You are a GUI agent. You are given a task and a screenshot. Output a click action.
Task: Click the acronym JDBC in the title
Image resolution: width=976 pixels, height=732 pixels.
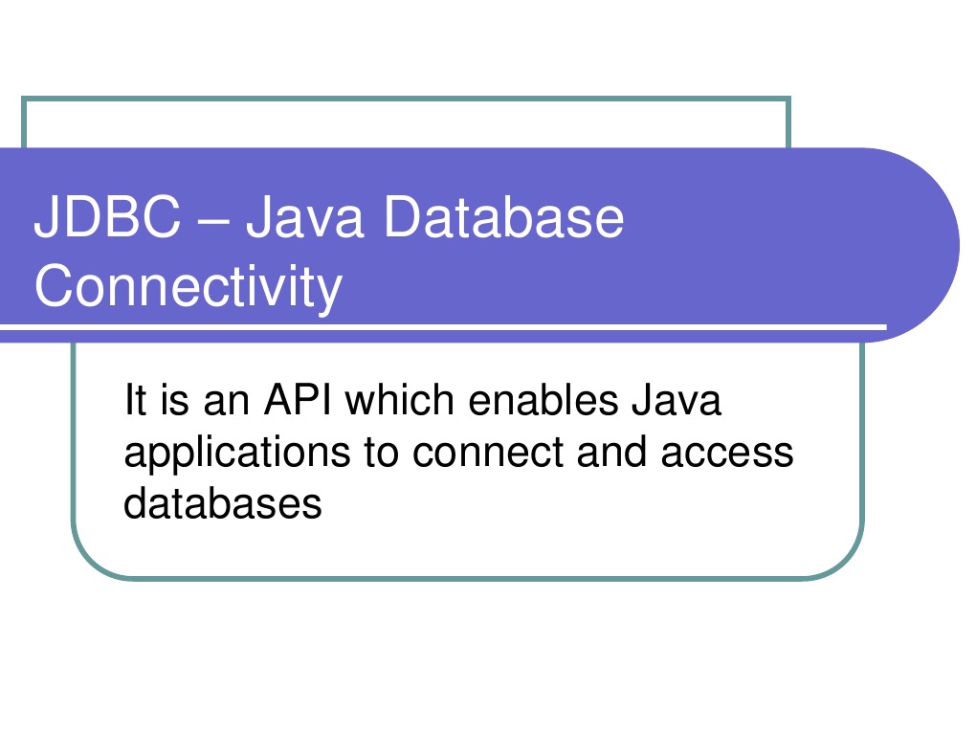click(x=107, y=216)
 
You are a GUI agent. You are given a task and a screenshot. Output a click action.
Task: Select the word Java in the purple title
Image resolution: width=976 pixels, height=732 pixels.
click(x=304, y=216)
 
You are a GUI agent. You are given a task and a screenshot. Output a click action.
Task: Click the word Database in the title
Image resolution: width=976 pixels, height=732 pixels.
click(x=503, y=216)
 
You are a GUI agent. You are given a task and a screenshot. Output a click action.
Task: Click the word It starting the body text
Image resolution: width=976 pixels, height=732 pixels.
click(x=135, y=399)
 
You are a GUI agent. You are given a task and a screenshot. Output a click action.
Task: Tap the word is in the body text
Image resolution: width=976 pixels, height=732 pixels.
click(x=174, y=399)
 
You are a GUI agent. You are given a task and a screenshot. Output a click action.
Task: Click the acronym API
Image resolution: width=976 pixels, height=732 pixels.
click(x=298, y=399)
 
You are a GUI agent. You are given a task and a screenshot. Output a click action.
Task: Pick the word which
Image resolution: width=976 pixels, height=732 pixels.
click(x=400, y=399)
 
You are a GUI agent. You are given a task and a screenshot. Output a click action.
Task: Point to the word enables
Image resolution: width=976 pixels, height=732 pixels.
click(x=543, y=399)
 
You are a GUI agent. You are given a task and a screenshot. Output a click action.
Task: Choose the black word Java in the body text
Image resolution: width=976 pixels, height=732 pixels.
click(x=676, y=399)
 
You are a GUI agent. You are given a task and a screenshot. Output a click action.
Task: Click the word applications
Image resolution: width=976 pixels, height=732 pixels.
click(x=237, y=454)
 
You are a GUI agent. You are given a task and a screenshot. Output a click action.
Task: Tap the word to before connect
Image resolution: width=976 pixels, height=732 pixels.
click(x=381, y=453)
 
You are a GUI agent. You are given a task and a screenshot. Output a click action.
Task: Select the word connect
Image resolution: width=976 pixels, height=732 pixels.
click(x=487, y=453)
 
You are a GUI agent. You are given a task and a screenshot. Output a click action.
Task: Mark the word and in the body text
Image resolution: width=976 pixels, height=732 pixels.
click(x=611, y=452)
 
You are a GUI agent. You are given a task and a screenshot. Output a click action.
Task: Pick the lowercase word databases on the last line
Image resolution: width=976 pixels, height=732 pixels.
click(x=222, y=503)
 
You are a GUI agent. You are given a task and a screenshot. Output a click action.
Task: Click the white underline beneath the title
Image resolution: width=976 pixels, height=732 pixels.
click(x=443, y=326)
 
